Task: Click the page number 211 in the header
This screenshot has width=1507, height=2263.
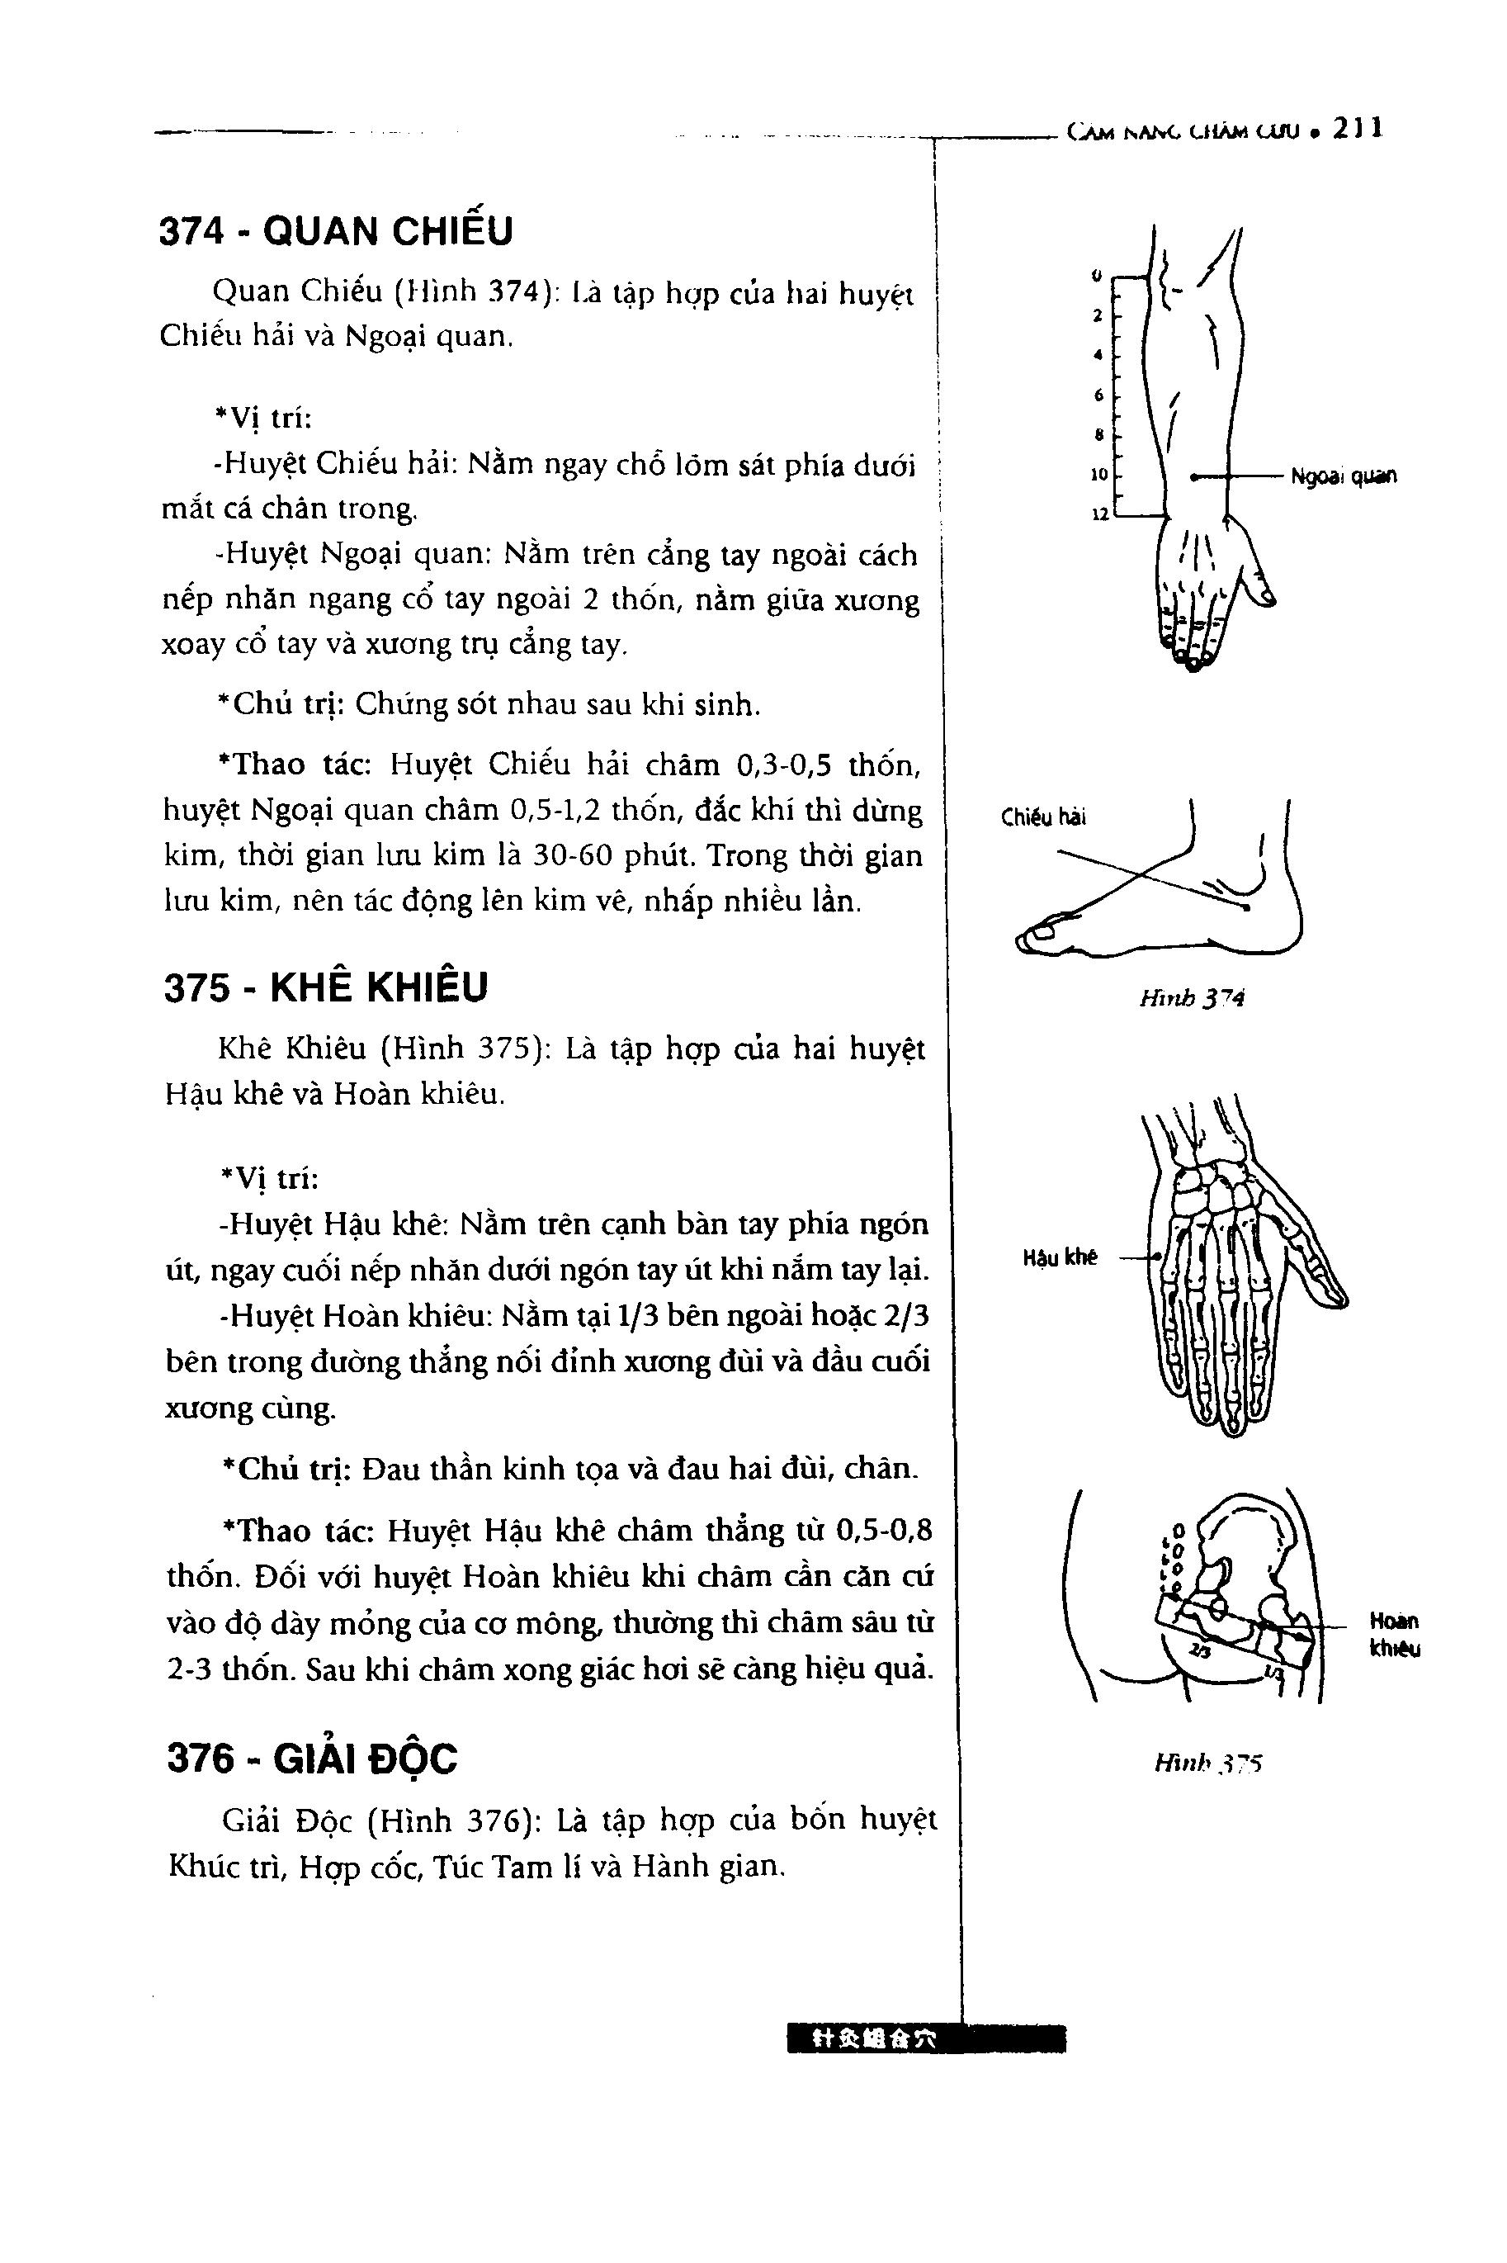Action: tap(1358, 128)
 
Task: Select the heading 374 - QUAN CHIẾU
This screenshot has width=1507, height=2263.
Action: tap(337, 232)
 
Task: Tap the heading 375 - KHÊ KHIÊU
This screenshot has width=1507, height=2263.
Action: tap(326, 987)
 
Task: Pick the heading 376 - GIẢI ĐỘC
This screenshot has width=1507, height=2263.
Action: tap(312, 1759)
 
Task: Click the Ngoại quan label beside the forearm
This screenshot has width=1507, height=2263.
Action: tap(1344, 476)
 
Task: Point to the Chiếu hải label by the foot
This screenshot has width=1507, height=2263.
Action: tap(1043, 818)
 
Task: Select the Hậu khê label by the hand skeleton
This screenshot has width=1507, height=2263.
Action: tap(1059, 1257)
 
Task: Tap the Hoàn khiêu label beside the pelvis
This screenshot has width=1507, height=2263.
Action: tap(1395, 1634)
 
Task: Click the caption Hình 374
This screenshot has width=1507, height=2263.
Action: tap(1191, 999)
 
